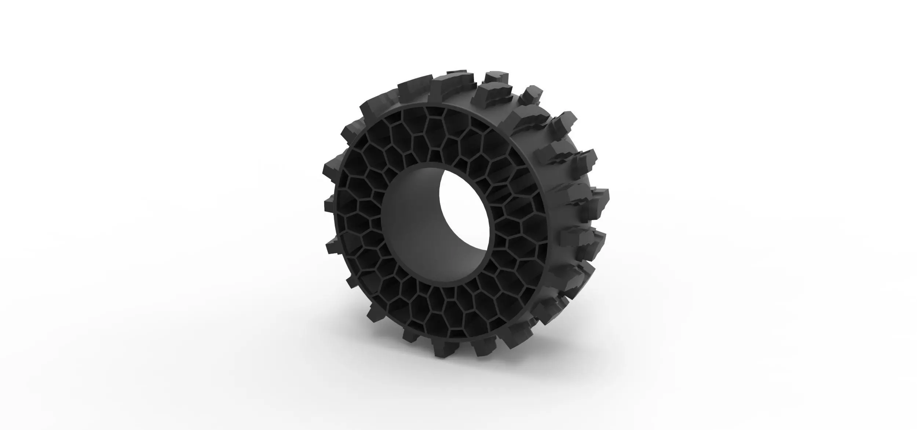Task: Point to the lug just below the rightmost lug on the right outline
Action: click(587, 235)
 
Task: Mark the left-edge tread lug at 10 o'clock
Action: click(350, 136)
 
